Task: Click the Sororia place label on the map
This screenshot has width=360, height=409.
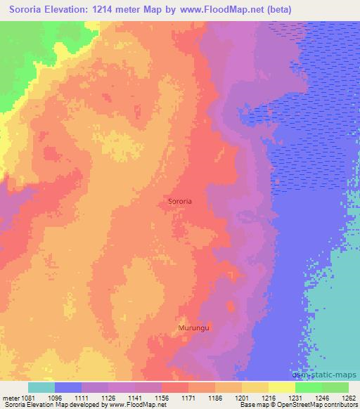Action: coord(181,201)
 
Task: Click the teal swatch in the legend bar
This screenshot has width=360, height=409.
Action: coord(41,387)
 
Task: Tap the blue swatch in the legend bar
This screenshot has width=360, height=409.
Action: coord(68,387)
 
